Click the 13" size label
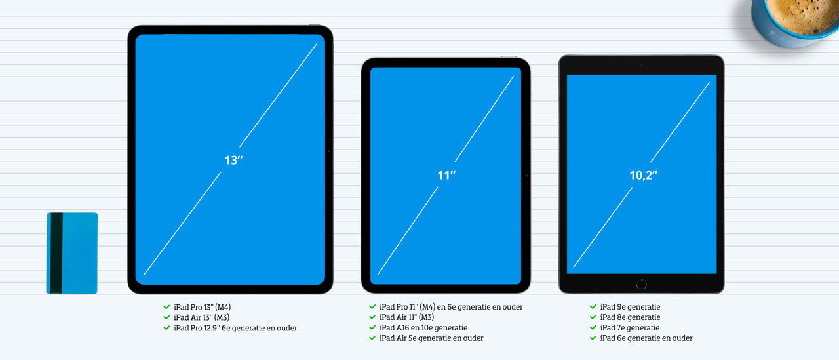[234, 160]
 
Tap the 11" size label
[446, 175]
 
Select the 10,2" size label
[643, 175]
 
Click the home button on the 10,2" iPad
[641, 285]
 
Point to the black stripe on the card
[56, 253]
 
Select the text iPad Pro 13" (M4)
[203, 307]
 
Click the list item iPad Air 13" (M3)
[201, 317]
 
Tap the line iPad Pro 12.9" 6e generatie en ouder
[235, 328]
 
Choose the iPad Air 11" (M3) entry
[407, 317]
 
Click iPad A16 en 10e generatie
[423, 327]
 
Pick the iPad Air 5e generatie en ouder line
[431, 338]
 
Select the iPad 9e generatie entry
[630, 307]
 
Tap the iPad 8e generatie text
[630, 317]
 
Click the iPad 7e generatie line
[630, 327]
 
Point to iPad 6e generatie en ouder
[646, 338]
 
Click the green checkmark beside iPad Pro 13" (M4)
[166, 307]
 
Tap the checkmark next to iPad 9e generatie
[593, 306]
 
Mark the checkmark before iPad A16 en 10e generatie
[372, 327]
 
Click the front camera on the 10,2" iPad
[641, 65]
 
